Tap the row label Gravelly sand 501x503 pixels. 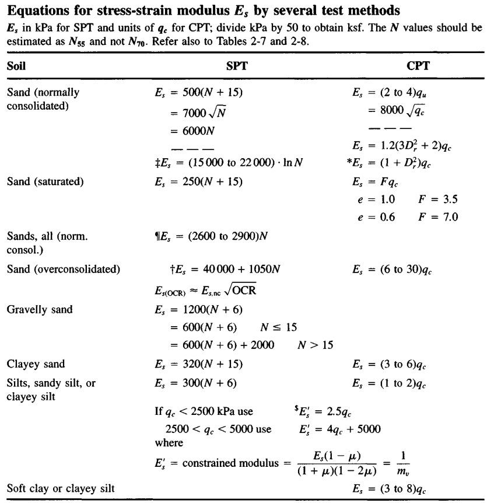(x=39, y=309)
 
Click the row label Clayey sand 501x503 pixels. (x=36, y=365)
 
